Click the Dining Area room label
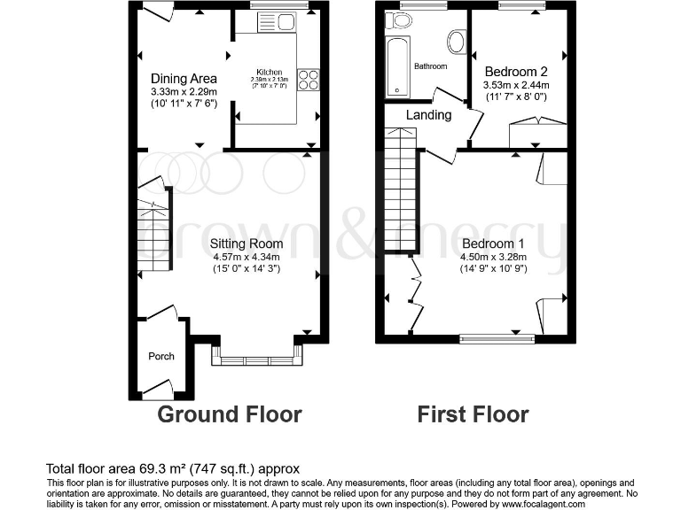(x=184, y=79)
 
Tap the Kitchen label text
(x=270, y=72)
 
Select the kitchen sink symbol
(x=279, y=23)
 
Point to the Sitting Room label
(x=247, y=243)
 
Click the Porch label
(x=161, y=356)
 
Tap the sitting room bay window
(x=257, y=359)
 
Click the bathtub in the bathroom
(x=397, y=66)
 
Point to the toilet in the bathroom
(x=458, y=41)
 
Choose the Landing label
(x=429, y=115)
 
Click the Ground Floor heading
(x=230, y=414)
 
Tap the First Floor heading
(x=473, y=414)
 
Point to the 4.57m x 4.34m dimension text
(x=247, y=257)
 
